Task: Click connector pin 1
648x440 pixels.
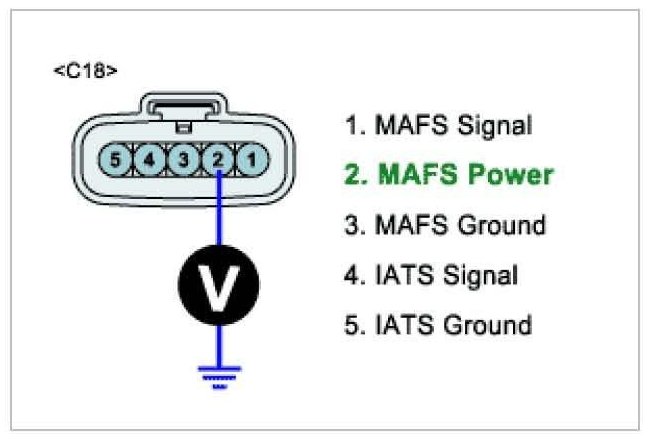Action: point(253,158)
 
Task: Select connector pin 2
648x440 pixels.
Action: point(219,158)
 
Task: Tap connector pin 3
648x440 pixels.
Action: point(184,158)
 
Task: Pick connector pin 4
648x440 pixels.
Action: point(150,158)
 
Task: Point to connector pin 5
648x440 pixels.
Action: point(116,158)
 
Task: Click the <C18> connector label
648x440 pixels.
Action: point(85,72)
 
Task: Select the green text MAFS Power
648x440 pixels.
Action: point(448,175)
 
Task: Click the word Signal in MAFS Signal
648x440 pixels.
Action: point(495,126)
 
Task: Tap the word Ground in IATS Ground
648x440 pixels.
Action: point(489,325)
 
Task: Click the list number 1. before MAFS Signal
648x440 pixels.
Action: point(354,126)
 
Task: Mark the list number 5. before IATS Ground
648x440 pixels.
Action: point(354,325)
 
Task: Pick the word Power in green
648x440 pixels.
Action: point(506,175)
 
